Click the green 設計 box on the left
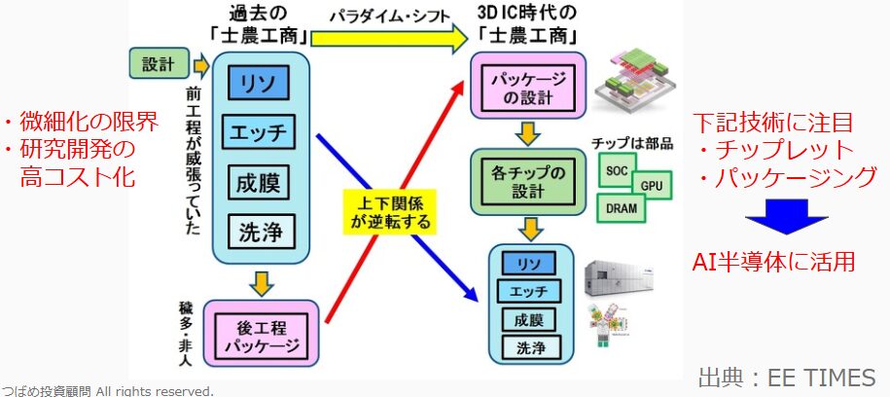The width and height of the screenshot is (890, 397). click(158, 65)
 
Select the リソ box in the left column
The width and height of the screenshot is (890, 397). click(260, 83)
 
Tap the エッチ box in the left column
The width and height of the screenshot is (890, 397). click(260, 132)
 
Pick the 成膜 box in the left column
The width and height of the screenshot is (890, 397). click(260, 182)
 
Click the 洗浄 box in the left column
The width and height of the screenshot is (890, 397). click(260, 231)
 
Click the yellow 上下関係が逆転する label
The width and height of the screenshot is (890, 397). click(389, 210)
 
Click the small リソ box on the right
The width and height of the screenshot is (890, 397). click(529, 263)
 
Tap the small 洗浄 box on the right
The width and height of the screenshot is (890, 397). click(529, 346)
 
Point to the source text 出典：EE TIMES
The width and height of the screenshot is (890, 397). click(787, 377)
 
